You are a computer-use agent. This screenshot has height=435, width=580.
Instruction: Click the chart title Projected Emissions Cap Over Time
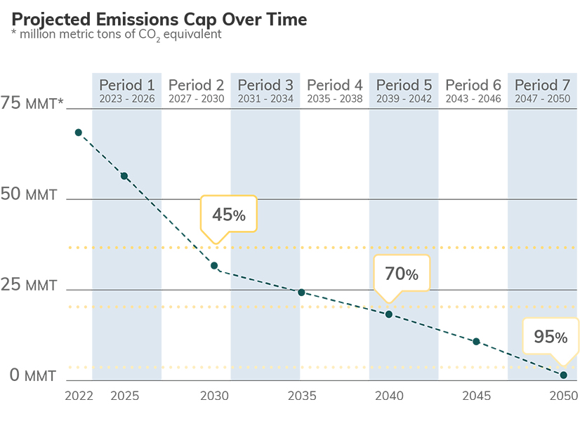point(159,19)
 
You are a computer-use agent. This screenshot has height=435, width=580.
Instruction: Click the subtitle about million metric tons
point(117,34)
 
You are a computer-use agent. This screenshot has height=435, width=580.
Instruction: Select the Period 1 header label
point(126,86)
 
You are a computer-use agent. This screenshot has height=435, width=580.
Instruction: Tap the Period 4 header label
point(335,86)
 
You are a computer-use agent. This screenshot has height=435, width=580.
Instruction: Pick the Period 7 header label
point(543,86)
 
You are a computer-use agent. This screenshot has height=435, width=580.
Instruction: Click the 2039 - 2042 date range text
point(404,99)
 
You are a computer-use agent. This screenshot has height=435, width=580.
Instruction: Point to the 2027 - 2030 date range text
point(196,99)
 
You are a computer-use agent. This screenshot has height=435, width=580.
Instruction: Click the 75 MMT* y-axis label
point(32,104)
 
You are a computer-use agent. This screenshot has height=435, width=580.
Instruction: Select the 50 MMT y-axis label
point(29,194)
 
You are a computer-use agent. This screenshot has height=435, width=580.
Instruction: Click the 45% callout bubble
point(229,215)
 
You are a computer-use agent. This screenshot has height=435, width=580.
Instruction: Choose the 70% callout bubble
point(401,274)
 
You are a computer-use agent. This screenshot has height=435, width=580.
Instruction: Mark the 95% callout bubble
point(551,337)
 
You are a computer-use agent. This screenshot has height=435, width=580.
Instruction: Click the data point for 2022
point(78,133)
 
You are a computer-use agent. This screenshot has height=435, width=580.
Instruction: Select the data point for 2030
point(214,266)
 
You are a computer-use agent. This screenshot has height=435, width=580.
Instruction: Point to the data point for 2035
point(301,292)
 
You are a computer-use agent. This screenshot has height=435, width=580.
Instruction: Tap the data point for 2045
point(476,342)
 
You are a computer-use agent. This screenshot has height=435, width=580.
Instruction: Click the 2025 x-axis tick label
point(124,396)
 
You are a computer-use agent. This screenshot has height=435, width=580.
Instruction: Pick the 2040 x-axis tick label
point(389,396)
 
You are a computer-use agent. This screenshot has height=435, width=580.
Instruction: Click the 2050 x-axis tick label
point(562,396)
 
